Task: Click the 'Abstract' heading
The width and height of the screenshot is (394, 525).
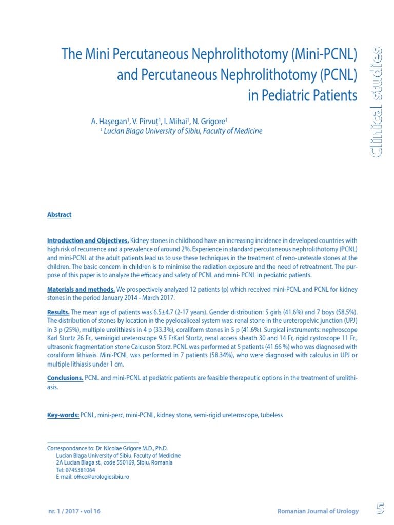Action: tap(59, 215)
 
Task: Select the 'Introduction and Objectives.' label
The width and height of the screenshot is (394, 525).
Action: tap(88, 241)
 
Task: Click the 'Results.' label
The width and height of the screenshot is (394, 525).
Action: tap(58, 312)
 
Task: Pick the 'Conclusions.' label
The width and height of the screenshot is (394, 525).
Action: tap(65, 378)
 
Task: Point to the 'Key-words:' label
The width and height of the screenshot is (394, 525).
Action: tap(63, 415)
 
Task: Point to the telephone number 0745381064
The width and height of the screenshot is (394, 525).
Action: tap(81, 470)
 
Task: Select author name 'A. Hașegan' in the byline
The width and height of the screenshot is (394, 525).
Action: tap(110, 122)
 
